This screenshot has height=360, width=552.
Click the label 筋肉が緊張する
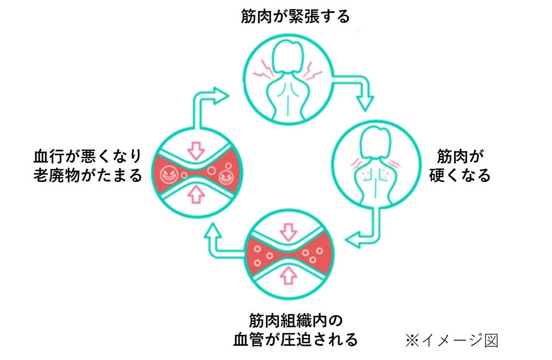point(295,16)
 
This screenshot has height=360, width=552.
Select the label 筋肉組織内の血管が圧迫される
point(295,330)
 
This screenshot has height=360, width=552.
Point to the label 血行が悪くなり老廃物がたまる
point(88,166)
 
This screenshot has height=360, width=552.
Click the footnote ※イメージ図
point(451,340)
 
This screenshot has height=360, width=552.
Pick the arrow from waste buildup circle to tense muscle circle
point(203,103)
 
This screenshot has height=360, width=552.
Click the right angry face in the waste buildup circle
point(226,176)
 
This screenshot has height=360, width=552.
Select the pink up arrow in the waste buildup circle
point(196,195)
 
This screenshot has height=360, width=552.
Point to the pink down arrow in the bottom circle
point(289,232)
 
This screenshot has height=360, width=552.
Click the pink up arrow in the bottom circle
point(289,275)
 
